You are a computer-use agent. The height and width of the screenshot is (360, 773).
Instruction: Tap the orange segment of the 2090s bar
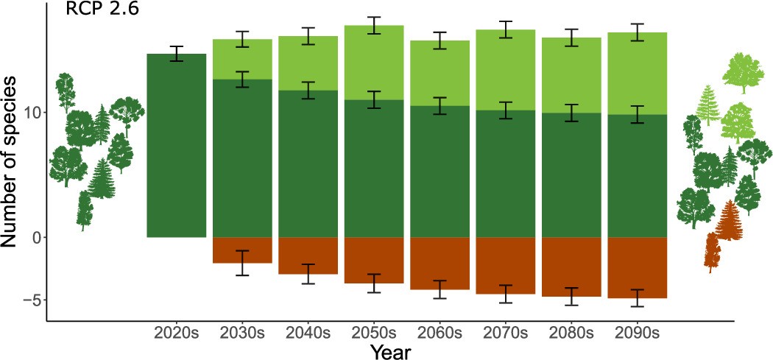[x=637, y=267]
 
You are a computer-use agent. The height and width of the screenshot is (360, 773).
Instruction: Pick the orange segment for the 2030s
[x=243, y=250]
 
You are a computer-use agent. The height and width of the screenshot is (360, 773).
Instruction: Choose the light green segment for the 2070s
[x=506, y=70]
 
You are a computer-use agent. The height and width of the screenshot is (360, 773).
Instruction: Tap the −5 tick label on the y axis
[x=28, y=300]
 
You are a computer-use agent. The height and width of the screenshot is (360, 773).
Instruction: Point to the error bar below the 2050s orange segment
[x=374, y=283]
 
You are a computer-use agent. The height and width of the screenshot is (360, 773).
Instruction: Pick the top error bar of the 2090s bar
[x=637, y=32]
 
